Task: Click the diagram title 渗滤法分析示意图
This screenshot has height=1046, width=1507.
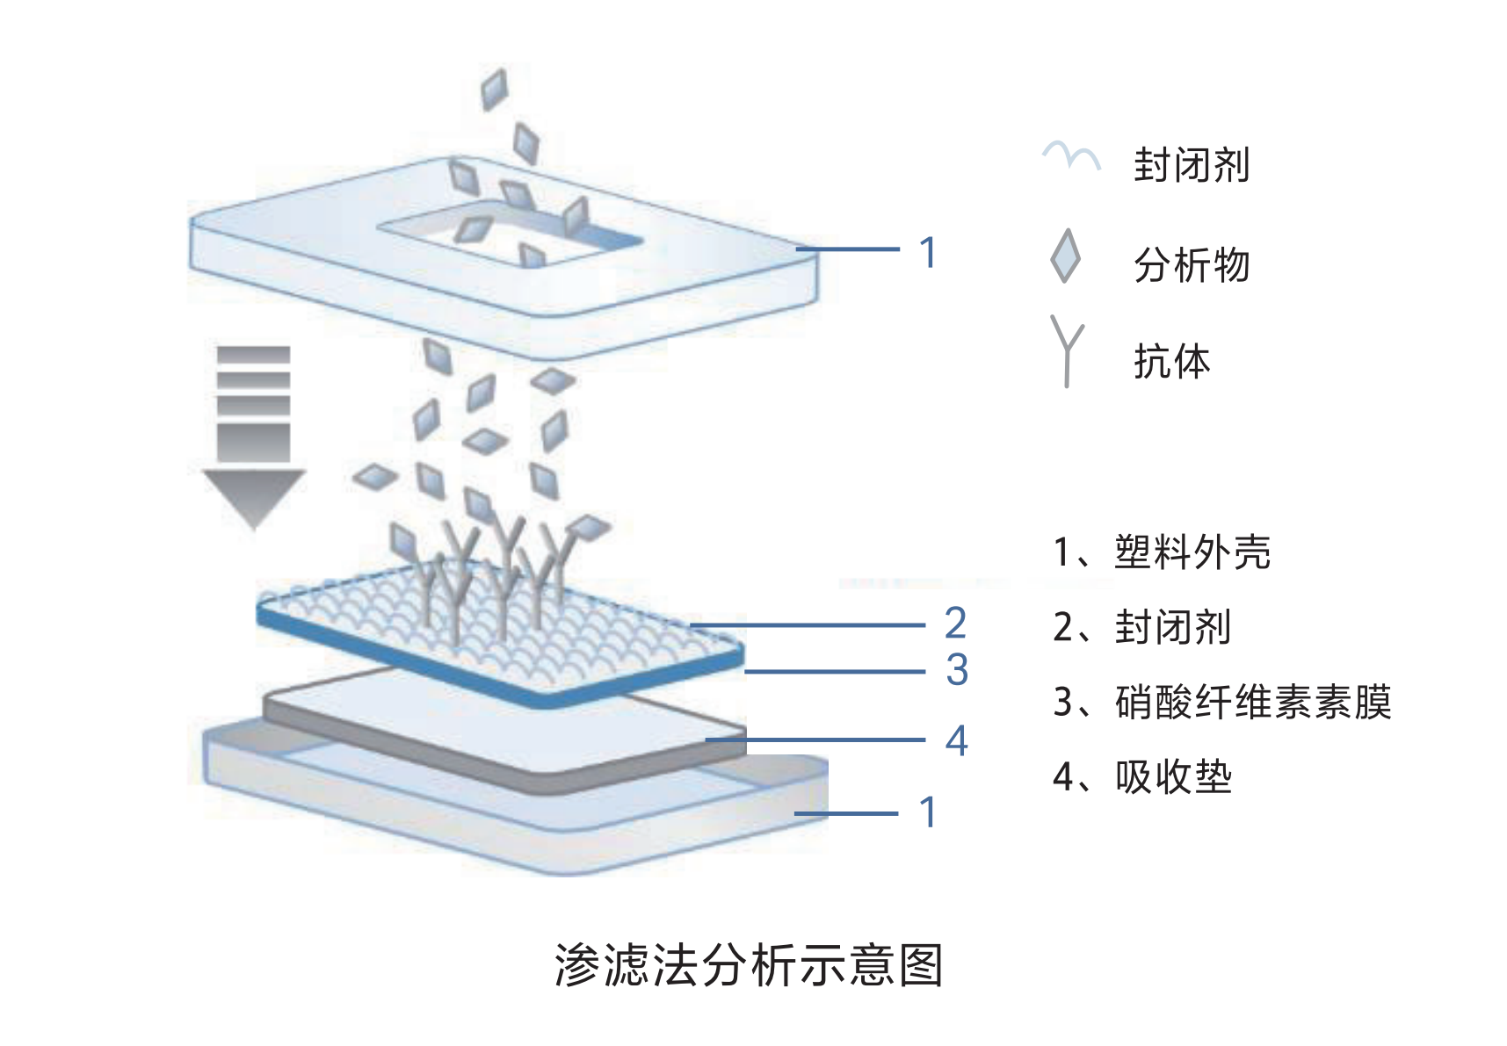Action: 749,965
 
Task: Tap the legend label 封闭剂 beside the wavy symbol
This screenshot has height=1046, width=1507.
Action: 1192,165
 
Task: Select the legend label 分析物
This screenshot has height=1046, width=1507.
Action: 1192,265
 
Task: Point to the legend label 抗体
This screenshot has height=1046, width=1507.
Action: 1172,361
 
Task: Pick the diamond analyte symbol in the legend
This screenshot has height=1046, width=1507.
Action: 1065,256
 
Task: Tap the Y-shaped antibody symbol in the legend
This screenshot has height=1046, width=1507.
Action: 1067,351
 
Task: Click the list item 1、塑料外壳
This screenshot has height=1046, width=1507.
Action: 1162,552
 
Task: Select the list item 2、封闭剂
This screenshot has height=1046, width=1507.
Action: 1141,627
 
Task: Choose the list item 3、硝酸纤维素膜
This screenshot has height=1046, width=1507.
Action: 1221,702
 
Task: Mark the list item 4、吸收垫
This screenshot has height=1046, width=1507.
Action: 1142,777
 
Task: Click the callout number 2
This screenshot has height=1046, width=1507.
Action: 955,624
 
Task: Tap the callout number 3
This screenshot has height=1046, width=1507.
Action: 957,670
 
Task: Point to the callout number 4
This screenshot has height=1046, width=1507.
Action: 956,740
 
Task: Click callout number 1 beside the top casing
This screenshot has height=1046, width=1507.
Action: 928,252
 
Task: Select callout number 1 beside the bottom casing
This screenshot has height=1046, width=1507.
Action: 928,812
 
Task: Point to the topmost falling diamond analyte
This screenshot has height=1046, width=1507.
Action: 495,89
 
